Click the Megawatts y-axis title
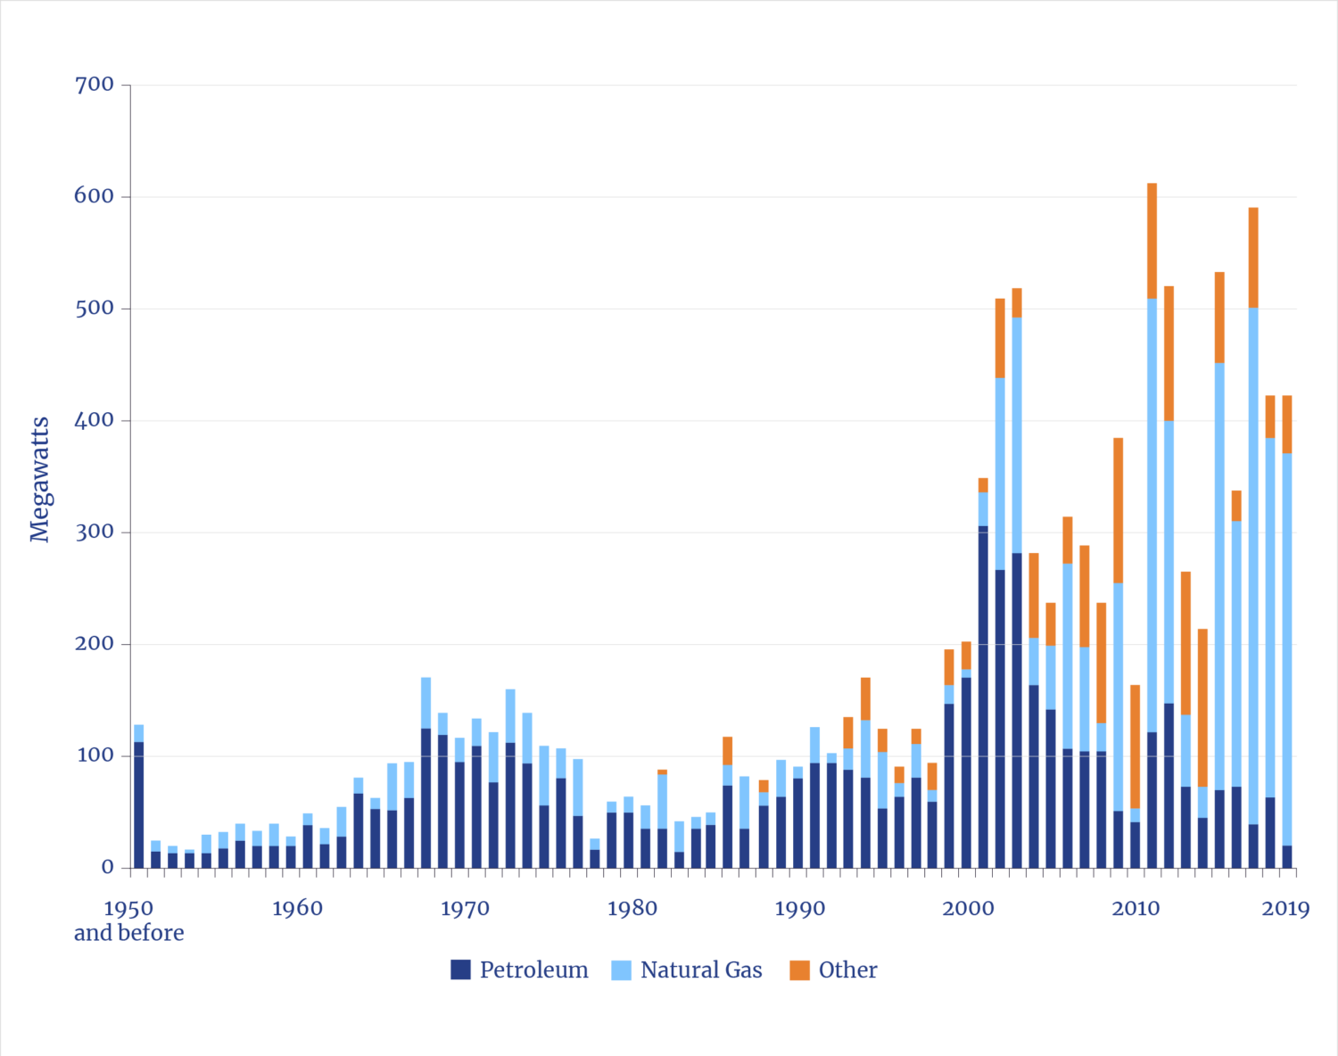(39, 479)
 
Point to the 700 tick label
(95, 85)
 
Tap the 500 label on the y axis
(95, 309)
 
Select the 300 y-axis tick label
(95, 532)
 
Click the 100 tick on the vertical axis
(95, 756)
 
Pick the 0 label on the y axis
(107, 868)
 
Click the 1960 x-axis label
(297, 910)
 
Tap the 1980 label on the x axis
(632, 910)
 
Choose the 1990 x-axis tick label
(800, 910)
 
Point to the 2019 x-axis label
(1285, 910)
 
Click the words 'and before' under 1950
(129, 933)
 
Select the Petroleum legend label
(533, 969)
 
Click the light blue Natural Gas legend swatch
(622, 969)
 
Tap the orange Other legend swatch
(800, 969)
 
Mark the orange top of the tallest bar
(1152, 241)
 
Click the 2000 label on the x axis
(968, 910)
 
